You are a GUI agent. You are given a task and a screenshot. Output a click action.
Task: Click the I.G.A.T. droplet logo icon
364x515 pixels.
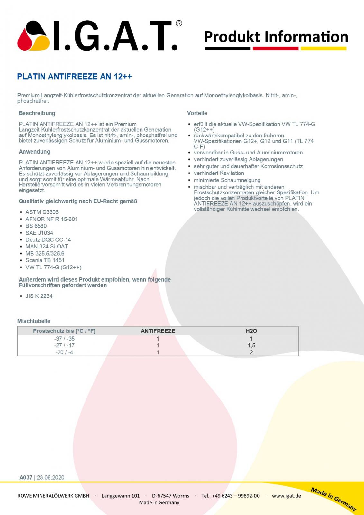pos(33,36)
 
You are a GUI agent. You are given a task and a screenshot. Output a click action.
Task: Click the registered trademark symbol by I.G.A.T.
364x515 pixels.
pos(179,23)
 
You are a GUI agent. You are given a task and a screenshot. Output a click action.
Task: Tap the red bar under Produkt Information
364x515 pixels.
pos(275,49)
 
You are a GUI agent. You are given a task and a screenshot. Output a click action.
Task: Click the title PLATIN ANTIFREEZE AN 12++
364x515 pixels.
pos(74,77)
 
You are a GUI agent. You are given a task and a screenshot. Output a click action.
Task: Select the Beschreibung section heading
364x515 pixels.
pos(37,113)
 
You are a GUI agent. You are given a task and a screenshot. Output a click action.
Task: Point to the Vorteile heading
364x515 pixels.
pos(197,113)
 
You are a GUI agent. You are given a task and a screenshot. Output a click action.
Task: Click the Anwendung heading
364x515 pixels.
pos(34,152)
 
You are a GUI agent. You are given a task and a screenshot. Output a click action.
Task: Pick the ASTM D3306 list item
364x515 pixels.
pos(42,212)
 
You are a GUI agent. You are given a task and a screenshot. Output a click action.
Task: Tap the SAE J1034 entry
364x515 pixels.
pos(39,233)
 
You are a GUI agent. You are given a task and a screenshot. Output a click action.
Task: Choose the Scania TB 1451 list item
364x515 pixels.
pos(45,260)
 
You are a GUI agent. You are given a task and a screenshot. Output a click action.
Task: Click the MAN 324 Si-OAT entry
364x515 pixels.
pos(47,247)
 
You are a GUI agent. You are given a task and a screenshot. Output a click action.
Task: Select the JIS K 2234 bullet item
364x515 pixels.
pos(39,296)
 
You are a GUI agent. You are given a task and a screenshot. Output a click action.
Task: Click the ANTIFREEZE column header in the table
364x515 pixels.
pos(158,331)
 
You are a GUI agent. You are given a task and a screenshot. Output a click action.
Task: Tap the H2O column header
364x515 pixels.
pos(251,331)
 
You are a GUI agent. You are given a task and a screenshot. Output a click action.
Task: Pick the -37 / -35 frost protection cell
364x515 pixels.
pos(64,339)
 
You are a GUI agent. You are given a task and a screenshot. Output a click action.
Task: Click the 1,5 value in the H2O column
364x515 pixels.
pos(251,345)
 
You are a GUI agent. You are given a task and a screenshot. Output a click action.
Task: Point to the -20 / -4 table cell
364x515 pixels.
pos(64,352)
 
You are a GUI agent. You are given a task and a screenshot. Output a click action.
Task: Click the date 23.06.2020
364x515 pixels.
pos(50,478)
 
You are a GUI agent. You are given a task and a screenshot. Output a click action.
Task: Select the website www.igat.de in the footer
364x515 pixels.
pos(286,496)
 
